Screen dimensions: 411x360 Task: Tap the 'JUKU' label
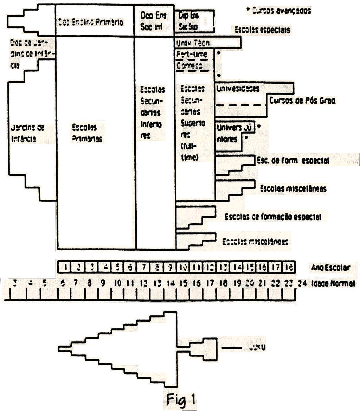click(256, 348)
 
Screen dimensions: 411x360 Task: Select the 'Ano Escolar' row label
click(330, 268)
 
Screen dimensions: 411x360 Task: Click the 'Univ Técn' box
click(207, 43)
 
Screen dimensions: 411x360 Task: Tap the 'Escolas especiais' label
click(263, 30)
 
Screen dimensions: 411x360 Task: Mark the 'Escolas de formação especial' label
click(273, 217)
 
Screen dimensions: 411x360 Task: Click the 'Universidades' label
click(238, 88)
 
